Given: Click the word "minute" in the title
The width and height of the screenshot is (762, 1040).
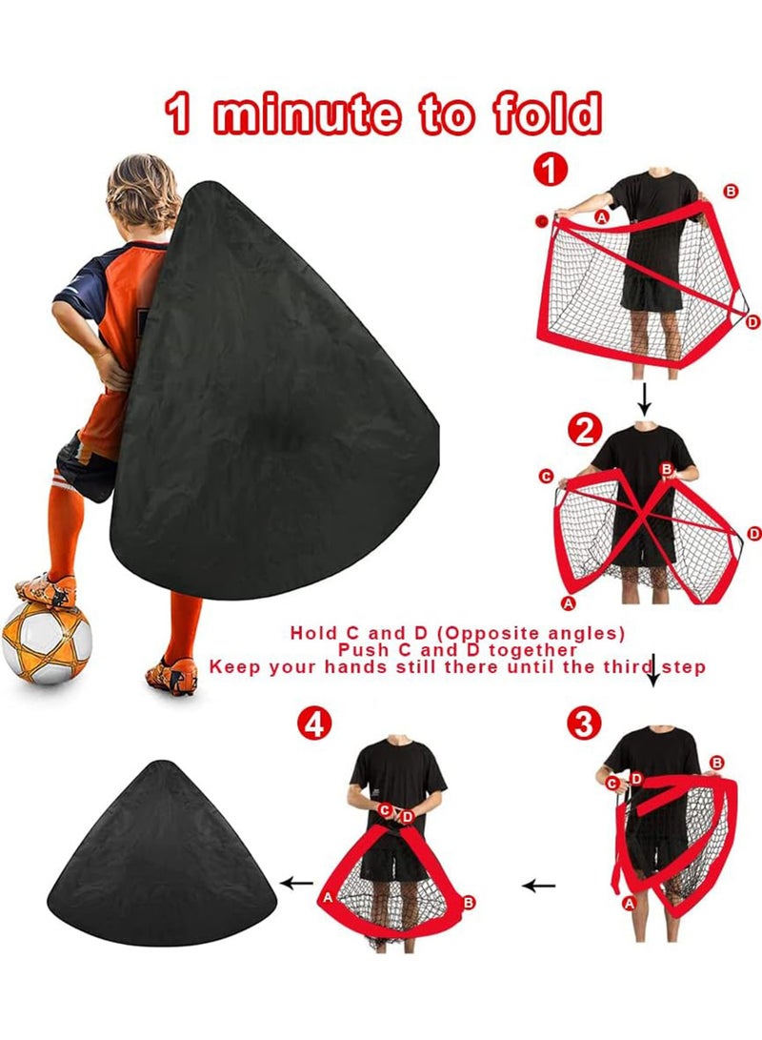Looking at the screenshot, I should click(309, 113).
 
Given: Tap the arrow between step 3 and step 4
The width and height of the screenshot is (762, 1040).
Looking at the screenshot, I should click(539, 886).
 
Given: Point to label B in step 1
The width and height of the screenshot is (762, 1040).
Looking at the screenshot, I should click(731, 192).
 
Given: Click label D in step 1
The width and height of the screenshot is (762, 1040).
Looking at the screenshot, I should click(752, 321).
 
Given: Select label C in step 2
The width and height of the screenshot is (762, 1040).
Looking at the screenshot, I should click(546, 476).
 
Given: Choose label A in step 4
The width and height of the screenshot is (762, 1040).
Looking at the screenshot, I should click(329, 897).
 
